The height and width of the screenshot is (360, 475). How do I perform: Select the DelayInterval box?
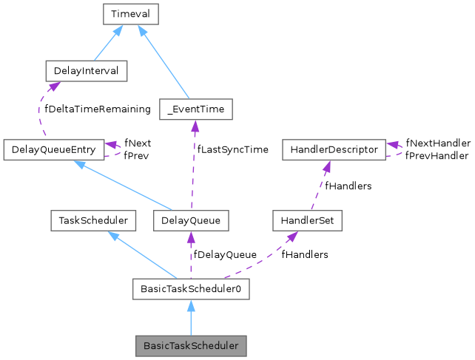tap(86, 71)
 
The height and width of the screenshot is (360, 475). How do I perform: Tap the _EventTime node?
tap(196, 109)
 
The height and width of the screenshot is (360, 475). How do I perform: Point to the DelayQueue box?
tap(190, 220)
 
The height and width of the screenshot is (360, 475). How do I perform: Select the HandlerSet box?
tap(306, 220)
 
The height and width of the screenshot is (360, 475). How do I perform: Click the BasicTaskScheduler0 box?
tap(190, 289)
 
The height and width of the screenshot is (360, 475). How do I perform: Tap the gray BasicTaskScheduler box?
tap(190, 345)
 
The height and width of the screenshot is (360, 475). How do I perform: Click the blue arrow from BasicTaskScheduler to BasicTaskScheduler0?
tap(190, 318)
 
